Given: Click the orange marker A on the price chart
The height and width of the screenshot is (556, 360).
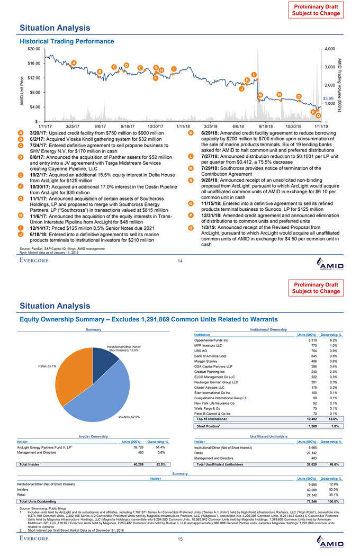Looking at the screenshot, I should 74,63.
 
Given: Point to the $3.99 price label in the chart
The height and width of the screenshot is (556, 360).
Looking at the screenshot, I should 328,98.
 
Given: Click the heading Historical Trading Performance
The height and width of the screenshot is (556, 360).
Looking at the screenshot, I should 67,41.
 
